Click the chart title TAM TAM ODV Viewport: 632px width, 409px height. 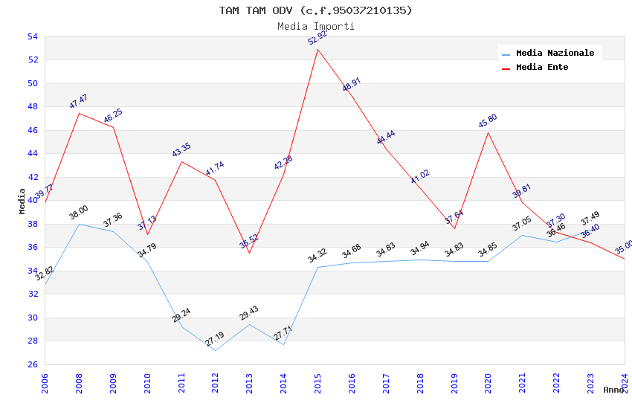point(315,10)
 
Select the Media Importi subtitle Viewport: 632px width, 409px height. point(315,26)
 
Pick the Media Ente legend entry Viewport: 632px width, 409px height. point(542,68)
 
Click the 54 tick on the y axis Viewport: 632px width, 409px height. point(32,36)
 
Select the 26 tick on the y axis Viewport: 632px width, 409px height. point(32,364)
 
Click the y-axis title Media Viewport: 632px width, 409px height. point(22,201)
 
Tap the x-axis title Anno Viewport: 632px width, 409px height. point(613,390)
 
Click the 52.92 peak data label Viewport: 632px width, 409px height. point(317,38)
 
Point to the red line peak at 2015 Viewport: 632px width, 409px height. point(318,49)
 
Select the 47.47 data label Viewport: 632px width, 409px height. point(79,102)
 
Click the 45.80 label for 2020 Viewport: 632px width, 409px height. point(488,121)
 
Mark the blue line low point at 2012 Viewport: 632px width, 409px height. point(216,350)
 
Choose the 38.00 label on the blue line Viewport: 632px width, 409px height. point(79,213)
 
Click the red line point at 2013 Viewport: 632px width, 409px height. point(249,253)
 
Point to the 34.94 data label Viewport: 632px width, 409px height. point(420,249)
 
